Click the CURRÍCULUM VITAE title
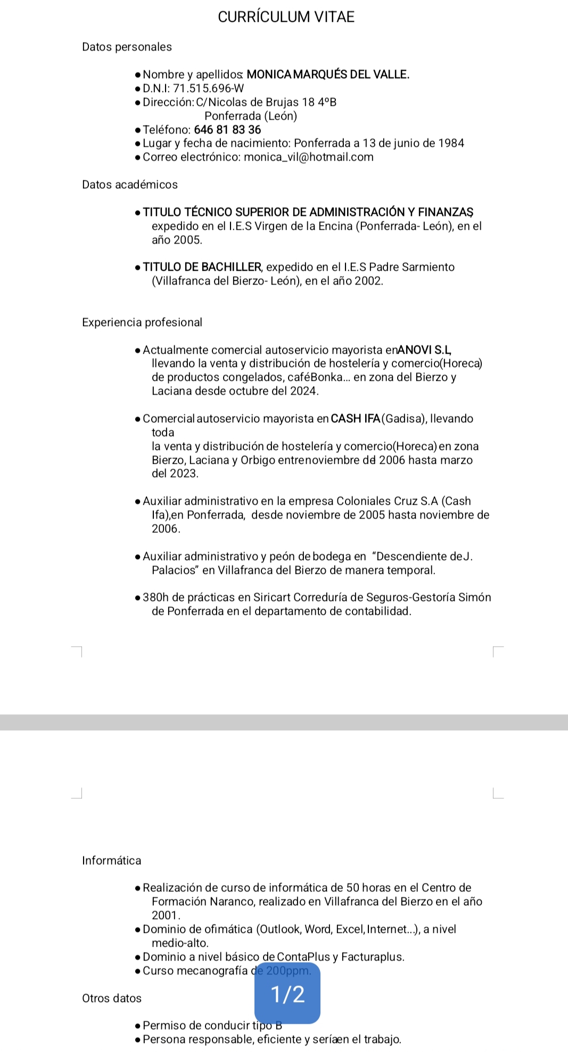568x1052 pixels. click(286, 17)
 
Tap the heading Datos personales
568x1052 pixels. click(127, 47)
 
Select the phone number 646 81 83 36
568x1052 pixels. click(227, 130)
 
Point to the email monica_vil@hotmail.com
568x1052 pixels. click(309, 157)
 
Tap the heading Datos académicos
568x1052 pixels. click(129, 185)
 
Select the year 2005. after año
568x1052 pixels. click(188, 240)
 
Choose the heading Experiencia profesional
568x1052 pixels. click(142, 322)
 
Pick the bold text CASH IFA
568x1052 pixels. click(355, 419)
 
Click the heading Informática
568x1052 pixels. click(112, 861)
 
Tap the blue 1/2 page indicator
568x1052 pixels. click(287, 994)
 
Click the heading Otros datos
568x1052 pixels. click(112, 998)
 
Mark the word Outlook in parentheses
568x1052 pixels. click(281, 929)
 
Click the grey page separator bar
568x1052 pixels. click(284, 722)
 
